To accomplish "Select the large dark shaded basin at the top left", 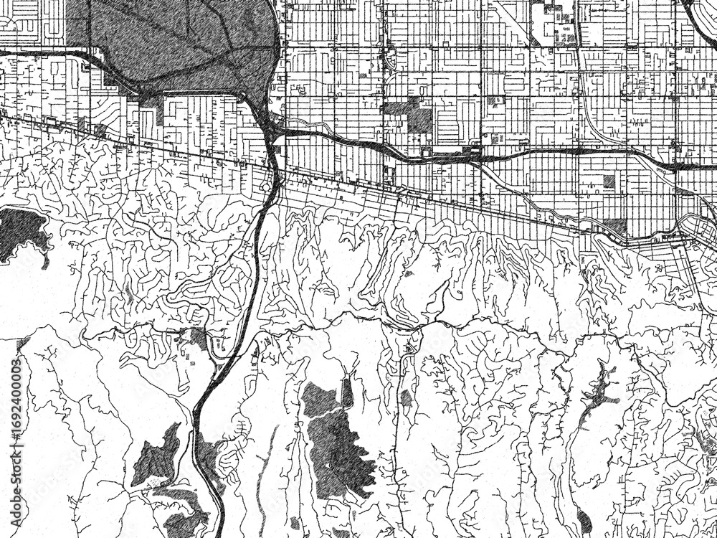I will pyautogui.click(x=179, y=43).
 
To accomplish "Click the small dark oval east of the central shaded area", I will pyautogui.click(x=407, y=397).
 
